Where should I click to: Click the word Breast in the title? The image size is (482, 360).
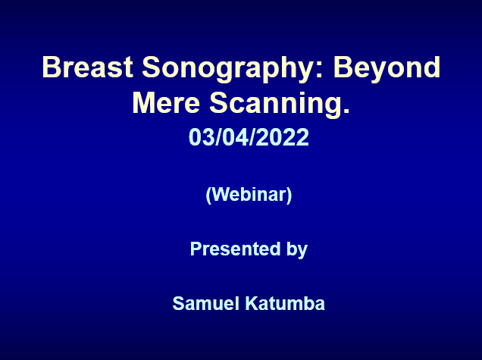tap(88, 67)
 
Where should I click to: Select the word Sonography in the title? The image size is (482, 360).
tap(227, 69)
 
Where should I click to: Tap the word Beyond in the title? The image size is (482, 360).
tap(387, 69)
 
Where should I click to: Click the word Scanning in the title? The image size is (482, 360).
tap(275, 105)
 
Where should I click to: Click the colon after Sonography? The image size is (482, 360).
tap(319, 70)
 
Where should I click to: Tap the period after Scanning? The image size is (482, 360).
tap(346, 111)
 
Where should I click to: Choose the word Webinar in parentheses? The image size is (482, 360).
tap(249, 194)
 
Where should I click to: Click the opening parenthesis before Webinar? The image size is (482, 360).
tap(208, 196)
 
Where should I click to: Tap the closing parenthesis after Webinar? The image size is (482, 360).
tap(289, 196)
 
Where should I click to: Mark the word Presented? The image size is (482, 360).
tap(236, 249)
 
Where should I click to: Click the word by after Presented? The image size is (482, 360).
tap(297, 249)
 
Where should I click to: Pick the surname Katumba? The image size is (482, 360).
tap(285, 303)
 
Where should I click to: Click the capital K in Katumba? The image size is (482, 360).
tap(252, 303)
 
